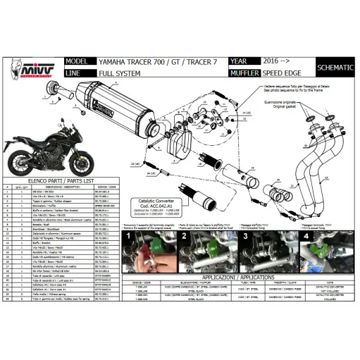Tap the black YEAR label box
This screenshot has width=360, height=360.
coord(242,61)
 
